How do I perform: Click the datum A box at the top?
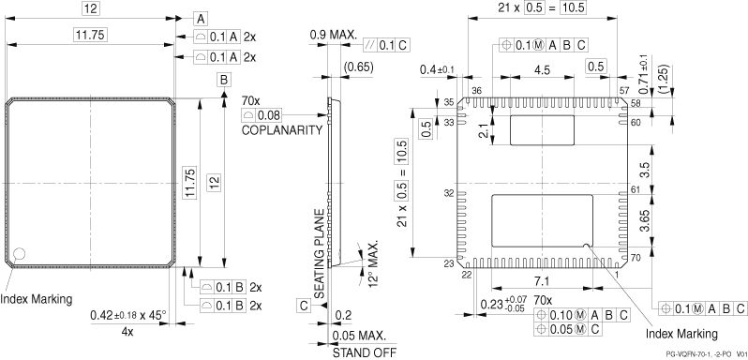201,19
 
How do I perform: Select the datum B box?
224,80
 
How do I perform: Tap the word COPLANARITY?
282,130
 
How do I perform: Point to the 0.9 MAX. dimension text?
333,35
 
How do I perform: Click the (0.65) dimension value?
358,67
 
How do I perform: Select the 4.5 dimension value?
543,69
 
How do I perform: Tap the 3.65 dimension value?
645,220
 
